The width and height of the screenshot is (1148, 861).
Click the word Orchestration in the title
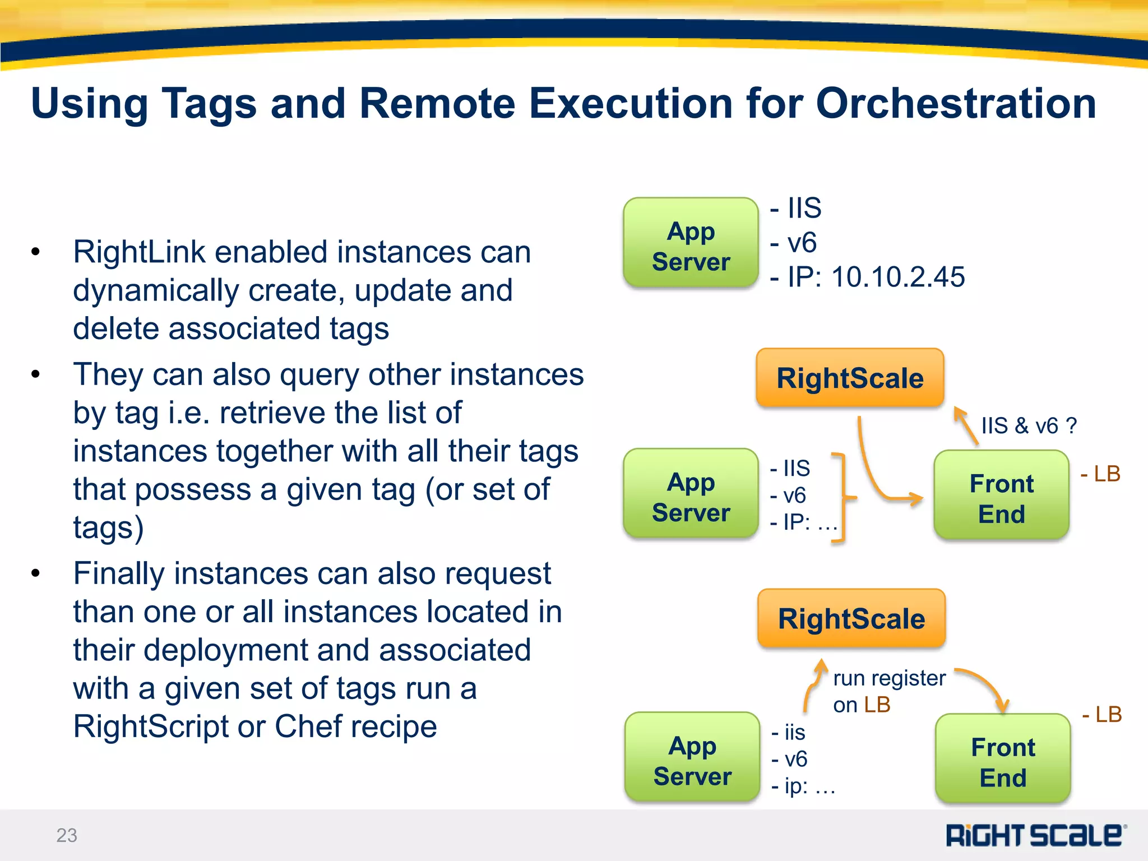click(955, 104)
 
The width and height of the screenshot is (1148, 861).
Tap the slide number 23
click(67, 835)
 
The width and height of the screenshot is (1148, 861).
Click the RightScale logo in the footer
click(1035, 835)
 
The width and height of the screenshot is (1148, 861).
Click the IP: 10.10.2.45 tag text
click(868, 277)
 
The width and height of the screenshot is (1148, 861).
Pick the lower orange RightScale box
click(851, 619)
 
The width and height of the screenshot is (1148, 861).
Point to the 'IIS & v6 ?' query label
click(1029, 426)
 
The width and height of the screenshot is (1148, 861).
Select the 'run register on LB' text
click(888, 691)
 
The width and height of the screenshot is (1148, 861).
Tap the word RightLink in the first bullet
click(140, 252)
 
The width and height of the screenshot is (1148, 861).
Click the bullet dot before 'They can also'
click(36, 374)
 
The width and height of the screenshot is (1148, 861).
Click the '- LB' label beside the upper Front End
click(1100, 474)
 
